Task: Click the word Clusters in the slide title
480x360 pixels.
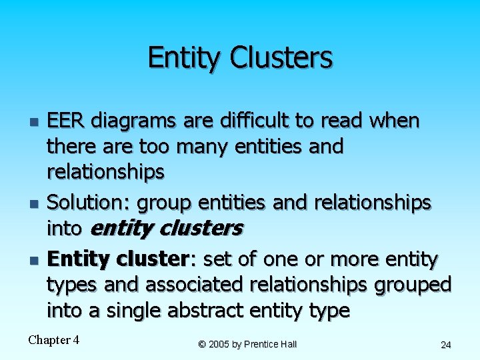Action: [x=281, y=58]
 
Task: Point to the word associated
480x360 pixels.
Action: [x=195, y=285]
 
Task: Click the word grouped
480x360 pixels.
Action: [x=413, y=285]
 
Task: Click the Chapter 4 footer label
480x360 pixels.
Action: [x=54, y=340]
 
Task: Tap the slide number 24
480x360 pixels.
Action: [x=446, y=345]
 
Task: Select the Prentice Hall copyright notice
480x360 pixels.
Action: [x=247, y=344]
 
